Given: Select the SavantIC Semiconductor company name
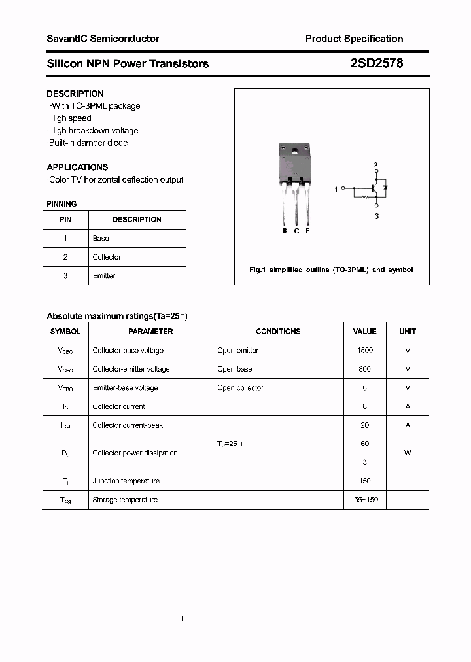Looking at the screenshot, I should click(103, 39).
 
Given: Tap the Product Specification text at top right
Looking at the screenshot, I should click(354, 39).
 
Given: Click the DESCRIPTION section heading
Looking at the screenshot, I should click(75, 94).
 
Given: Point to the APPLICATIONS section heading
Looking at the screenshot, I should click(77, 167).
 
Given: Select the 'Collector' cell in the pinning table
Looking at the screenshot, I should click(107, 257).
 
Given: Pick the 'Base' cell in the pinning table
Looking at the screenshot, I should click(101, 238).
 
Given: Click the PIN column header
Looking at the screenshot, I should click(65, 219).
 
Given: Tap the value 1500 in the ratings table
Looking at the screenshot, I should click(365, 350).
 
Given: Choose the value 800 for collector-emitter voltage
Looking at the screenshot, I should click(365, 369).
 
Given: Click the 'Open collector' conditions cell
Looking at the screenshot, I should click(240, 388).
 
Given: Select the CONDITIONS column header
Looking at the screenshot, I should click(278, 332).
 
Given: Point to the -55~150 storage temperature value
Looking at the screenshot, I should click(365, 500).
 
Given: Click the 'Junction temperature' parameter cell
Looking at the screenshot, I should click(126, 481).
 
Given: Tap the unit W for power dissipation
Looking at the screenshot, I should click(408, 453).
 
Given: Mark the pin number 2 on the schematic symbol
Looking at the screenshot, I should click(375, 164).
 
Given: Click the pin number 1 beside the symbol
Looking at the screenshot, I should click(336, 189).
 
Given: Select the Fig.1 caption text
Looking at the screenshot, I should click(331, 270).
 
